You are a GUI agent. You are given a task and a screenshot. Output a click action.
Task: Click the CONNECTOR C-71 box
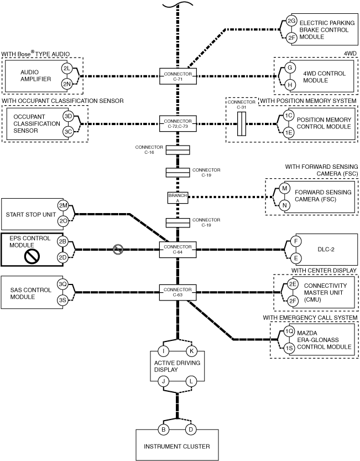coord(178,76)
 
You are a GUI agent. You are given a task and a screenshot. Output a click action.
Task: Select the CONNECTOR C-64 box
coord(178,250)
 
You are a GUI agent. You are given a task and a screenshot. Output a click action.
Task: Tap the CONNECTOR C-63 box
coord(178,292)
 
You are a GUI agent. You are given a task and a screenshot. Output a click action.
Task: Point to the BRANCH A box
coord(178,198)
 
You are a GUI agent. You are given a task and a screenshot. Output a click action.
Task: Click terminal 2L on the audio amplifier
coord(67,69)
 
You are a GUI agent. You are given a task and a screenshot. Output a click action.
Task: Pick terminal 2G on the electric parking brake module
coord(291,21)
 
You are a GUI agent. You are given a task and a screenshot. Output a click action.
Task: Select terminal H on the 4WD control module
coord(290,85)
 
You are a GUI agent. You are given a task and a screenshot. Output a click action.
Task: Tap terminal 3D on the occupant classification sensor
coord(68,116)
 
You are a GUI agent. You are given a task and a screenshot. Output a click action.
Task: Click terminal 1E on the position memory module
coord(289,133)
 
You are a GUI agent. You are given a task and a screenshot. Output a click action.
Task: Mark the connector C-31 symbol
coord(242,124)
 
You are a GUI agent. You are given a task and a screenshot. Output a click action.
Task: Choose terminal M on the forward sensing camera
coord(284,188)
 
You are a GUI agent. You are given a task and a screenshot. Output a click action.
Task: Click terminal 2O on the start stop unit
coord(63,221)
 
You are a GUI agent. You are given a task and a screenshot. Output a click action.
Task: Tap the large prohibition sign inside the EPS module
coord(32,257)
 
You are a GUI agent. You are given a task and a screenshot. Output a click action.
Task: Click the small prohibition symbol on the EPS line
coord(118,250)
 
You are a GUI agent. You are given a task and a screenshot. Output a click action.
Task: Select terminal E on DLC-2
coord(296,258)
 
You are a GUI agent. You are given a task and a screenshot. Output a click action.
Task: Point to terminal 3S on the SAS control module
coord(63,301)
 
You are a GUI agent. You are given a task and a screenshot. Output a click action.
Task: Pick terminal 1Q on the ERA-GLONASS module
coord(289,331)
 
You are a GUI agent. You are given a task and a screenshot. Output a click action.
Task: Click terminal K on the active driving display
coord(191,351)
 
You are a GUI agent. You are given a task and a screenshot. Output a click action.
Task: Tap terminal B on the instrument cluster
coord(163,429)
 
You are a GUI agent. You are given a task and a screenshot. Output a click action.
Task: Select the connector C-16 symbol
coord(178,150)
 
